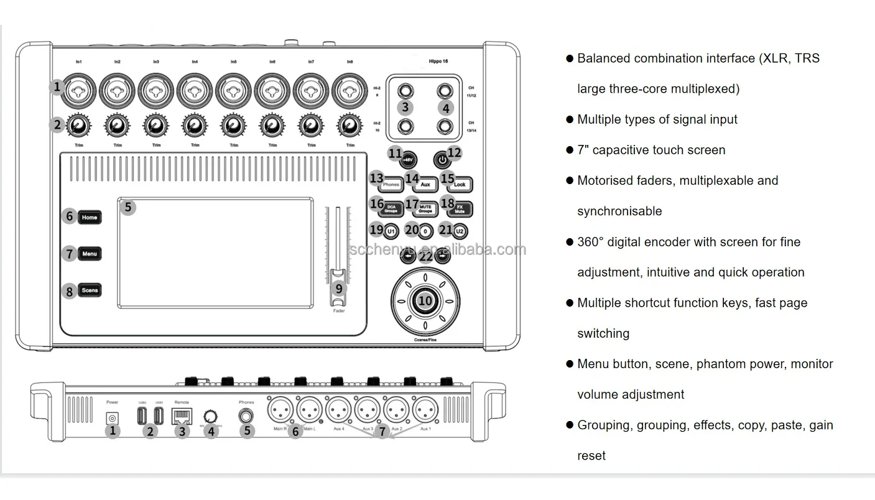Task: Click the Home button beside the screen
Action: (x=90, y=218)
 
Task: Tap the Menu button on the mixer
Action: (x=90, y=254)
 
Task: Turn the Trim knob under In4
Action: (x=195, y=126)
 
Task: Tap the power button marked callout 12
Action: (x=441, y=160)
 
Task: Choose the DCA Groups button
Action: (x=391, y=209)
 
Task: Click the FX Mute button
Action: (x=461, y=209)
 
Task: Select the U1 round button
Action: (x=391, y=232)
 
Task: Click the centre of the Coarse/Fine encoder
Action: (x=425, y=301)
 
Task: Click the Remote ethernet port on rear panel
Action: (x=182, y=417)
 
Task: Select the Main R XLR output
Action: (x=280, y=410)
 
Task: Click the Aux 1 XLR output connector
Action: (x=426, y=410)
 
